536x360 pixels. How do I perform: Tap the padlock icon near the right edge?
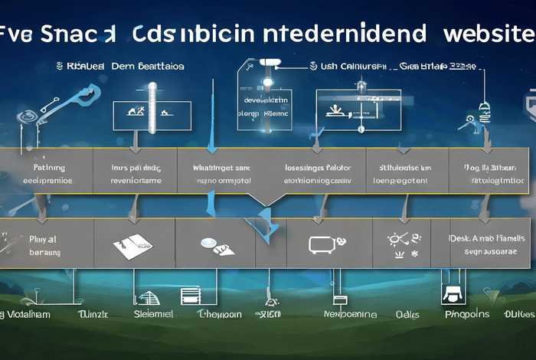[x=483, y=109]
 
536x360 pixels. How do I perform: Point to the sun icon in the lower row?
[x=397, y=239]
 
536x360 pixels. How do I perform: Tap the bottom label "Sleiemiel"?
[x=153, y=314]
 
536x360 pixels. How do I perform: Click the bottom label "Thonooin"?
[x=219, y=314]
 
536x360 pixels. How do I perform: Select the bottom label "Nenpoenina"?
[x=350, y=314]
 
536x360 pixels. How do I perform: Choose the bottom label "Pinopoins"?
[x=466, y=314]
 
